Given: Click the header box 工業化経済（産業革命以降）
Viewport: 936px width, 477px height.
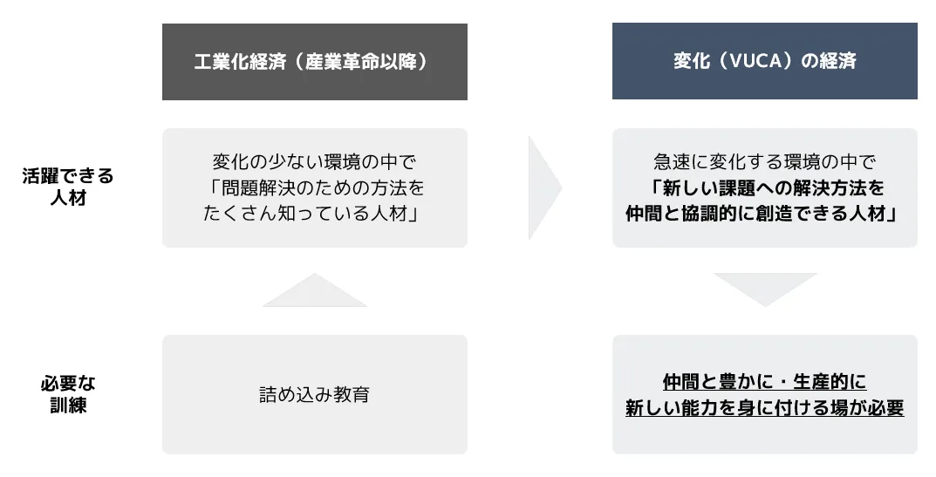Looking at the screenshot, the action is (315, 62).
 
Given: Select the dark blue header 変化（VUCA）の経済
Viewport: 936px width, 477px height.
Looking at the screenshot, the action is (765, 61).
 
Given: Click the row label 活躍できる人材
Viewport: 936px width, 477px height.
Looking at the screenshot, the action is (68, 187).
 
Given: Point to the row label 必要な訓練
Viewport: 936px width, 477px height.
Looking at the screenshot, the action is (68, 394).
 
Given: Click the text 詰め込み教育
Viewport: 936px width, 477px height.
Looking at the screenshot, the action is (315, 395).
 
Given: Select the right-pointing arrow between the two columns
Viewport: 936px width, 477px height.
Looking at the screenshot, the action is (545, 188).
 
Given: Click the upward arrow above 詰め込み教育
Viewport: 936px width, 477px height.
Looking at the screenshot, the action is (315, 290).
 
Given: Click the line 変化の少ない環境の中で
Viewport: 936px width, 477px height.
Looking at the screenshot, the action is (315, 162).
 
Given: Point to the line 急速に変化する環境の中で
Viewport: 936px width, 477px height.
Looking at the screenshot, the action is (765, 162).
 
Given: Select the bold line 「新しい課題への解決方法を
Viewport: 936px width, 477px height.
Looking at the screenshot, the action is (765, 188).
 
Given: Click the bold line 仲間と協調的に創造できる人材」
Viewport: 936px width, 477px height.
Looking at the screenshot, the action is (761, 214).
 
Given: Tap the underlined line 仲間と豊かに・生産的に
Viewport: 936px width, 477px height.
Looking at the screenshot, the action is (765, 381).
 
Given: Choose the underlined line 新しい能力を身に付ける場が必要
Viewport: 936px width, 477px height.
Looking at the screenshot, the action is (765, 408).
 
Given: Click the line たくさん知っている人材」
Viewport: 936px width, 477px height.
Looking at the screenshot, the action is (311, 214).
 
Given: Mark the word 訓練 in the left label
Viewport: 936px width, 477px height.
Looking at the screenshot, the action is (68, 405).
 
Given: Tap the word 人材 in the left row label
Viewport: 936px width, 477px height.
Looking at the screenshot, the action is (68, 198).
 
